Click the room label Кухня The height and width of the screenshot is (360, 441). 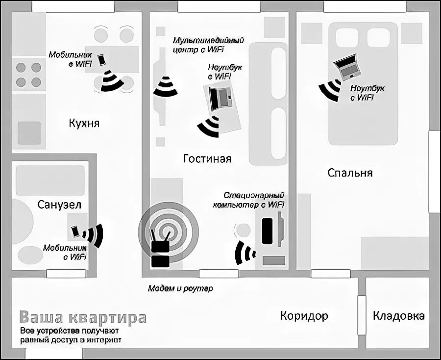pyautogui.click(x=84, y=123)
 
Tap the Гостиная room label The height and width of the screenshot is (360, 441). pyautogui.click(x=207, y=159)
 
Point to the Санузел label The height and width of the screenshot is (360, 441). pyautogui.click(x=59, y=204)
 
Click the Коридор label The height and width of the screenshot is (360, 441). pyautogui.click(x=304, y=315)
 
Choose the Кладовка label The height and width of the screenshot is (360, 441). pyautogui.click(x=398, y=315)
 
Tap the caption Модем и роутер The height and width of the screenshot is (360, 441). pyautogui.click(x=180, y=288)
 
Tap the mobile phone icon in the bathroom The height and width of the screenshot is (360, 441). pyautogui.click(x=75, y=231)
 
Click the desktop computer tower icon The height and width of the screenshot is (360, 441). pyautogui.click(x=267, y=231)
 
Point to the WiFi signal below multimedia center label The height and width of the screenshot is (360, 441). pyautogui.click(x=165, y=86)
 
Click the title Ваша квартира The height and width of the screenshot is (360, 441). pyautogui.click(x=83, y=317)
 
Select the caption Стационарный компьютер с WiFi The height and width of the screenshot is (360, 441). pyautogui.click(x=248, y=200)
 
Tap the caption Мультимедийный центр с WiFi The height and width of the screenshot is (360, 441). pyautogui.click(x=208, y=45)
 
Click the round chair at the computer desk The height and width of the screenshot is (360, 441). pyautogui.click(x=242, y=230)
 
